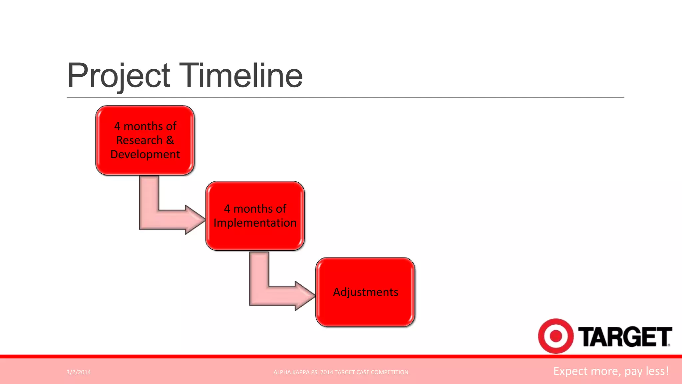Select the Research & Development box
point(145,140)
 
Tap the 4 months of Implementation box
point(255,216)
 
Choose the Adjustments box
point(365,292)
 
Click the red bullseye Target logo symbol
point(555,336)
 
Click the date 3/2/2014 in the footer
point(79,372)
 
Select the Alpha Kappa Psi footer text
point(341,372)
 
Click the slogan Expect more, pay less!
point(611,371)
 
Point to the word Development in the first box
point(145,154)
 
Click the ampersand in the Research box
point(170,140)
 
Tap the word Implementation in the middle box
point(255,223)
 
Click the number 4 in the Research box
point(117,126)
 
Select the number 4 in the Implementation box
point(227,209)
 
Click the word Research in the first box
point(139,140)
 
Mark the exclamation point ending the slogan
point(667,371)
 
